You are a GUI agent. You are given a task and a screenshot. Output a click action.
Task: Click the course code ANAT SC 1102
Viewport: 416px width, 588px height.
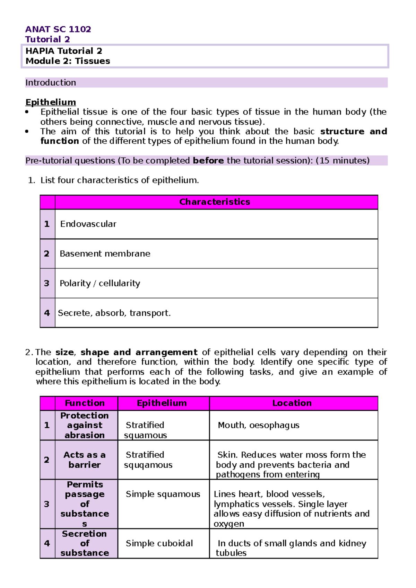pos(58,29)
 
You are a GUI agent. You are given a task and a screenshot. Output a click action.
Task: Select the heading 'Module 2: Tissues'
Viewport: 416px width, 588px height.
pos(68,61)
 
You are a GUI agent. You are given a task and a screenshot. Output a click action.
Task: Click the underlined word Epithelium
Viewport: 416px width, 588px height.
pos(51,102)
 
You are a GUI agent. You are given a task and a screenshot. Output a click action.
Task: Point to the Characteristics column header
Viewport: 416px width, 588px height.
pos(215,202)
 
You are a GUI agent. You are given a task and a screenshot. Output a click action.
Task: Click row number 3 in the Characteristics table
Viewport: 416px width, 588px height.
pos(47,283)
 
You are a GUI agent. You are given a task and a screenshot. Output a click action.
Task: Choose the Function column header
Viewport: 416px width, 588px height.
pos(85,403)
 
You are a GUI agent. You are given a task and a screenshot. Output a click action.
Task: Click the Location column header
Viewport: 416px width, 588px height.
pos(292,403)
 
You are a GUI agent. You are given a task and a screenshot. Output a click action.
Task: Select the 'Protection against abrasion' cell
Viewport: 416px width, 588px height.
pos(85,425)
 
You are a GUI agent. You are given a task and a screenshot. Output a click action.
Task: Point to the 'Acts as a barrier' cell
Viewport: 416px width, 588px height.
pos(85,460)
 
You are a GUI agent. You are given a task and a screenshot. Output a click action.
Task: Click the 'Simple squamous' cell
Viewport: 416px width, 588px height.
pos(163,494)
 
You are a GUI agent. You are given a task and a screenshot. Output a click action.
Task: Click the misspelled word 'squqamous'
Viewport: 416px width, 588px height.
pos(148,465)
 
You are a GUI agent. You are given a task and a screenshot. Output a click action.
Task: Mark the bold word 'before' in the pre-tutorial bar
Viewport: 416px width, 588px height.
pos(208,161)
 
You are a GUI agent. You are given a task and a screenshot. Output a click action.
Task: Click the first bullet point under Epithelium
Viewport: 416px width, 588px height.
pos(27,112)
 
